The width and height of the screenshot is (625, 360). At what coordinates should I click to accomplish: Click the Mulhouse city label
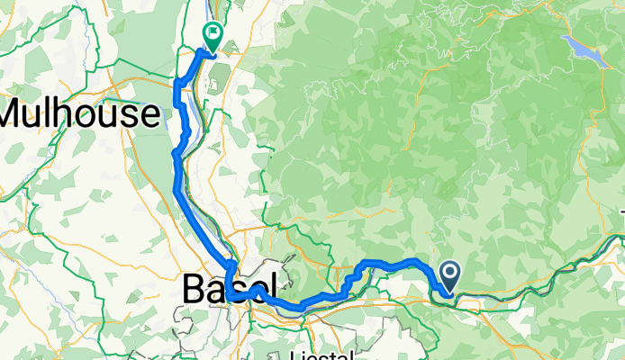tap(80, 113)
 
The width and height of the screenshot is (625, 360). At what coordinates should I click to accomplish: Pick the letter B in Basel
tap(194, 289)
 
